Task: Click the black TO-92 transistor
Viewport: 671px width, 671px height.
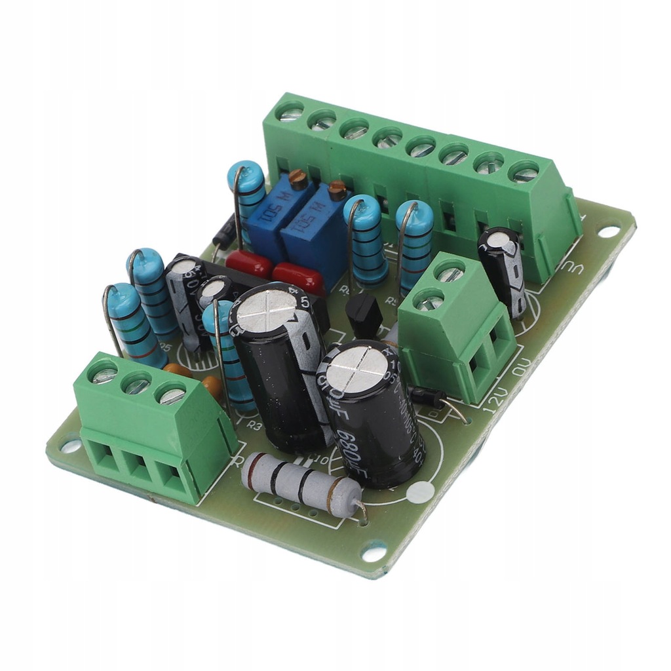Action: pos(363,315)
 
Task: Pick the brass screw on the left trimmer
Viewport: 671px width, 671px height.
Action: pos(298,178)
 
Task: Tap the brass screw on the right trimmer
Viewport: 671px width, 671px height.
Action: pos(337,190)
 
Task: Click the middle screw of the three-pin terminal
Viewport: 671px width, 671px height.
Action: pos(138,384)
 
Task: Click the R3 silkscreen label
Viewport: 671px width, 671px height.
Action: pos(254,425)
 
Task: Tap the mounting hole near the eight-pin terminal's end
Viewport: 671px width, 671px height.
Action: pos(608,231)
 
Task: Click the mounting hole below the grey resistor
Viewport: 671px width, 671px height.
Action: pos(374,552)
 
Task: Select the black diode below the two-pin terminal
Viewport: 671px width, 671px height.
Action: pos(427,395)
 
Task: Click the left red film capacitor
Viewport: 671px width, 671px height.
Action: pos(248,264)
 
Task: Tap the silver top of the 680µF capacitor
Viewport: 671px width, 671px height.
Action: pos(356,370)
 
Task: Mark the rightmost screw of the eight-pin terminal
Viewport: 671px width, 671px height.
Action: pos(524,174)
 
